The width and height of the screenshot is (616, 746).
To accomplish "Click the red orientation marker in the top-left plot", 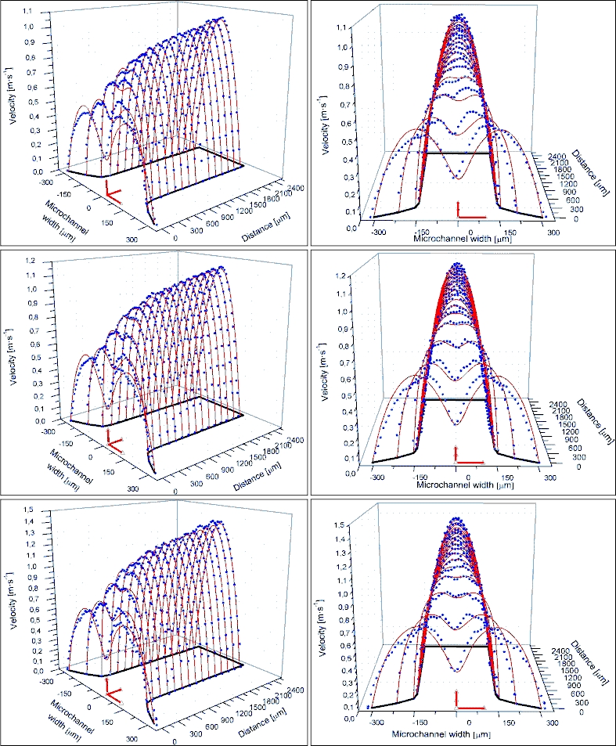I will [111, 191].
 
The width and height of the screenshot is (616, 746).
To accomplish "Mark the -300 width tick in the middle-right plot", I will [378, 476].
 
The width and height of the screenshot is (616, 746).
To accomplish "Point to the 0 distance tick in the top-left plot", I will [176, 238].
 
